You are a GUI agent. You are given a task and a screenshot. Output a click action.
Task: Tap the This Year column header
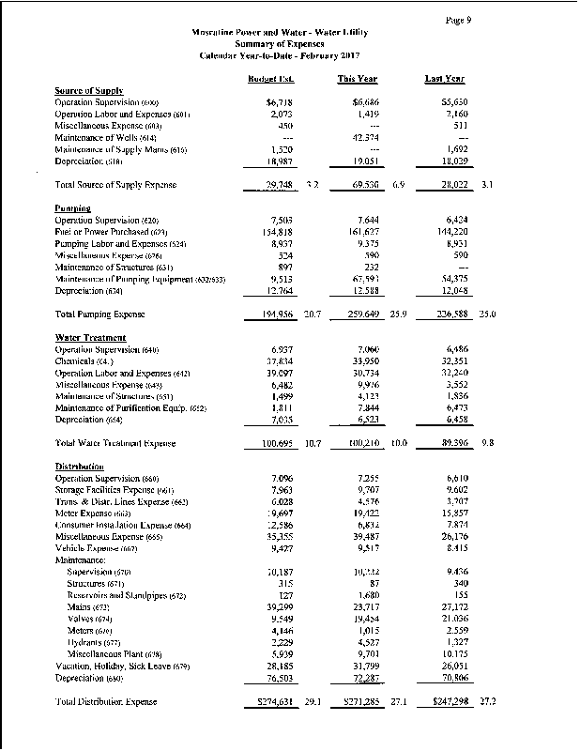pyautogui.click(x=358, y=79)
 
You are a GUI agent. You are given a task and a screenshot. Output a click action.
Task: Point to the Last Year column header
pyautogui.click(x=445, y=79)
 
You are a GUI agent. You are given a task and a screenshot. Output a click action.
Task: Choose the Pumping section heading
pyautogui.click(x=72, y=208)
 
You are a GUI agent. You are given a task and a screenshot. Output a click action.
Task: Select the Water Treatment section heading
pyautogui.click(x=90, y=337)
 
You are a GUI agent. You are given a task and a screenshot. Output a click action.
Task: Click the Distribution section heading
pyautogui.click(x=80, y=467)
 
